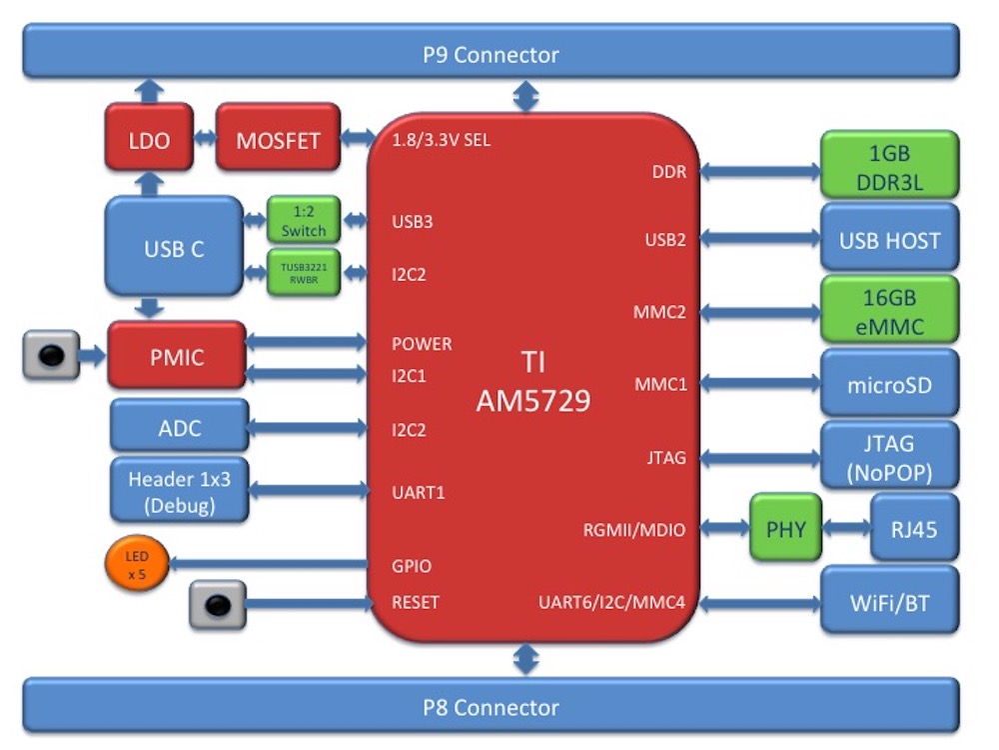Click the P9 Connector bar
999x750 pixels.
tap(490, 53)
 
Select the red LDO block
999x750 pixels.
tap(149, 140)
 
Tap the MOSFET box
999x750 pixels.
tap(278, 140)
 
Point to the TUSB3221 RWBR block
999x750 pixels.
tap(304, 273)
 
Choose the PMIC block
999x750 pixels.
tap(176, 356)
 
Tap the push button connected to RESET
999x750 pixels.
tap(218, 604)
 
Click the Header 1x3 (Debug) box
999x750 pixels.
tap(179, 491)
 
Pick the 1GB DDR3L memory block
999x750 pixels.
tap(889, 167)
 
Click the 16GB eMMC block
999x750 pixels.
tap(889, 311)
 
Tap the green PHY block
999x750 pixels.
tap(785, 529)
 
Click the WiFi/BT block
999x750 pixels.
tap(889, 603)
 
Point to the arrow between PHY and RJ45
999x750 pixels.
tap(845, 528)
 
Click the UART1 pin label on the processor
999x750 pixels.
tap(419, 492)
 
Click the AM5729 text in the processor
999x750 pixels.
tap(532, 401)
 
